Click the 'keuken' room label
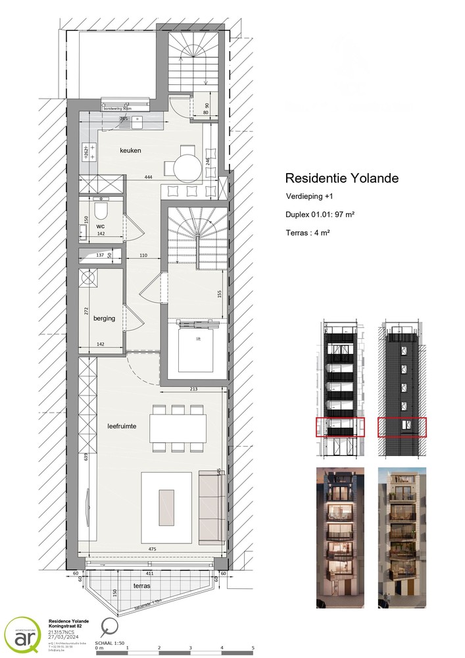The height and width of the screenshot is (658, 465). click(130, 151)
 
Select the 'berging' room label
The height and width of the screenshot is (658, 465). click(104, 318)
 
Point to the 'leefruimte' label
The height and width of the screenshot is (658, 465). click(122, 426)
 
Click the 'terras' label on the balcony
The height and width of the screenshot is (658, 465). click(140, 586)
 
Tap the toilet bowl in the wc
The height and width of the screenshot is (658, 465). click(101, 210)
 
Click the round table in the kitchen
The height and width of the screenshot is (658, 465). click(189, 166)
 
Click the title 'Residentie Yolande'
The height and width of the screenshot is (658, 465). click(341, 178)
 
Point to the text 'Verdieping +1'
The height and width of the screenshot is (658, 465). click(310, 197)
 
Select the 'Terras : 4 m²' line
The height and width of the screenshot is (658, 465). click(308, 232)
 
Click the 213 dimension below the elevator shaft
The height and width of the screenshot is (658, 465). click(193, 388)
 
